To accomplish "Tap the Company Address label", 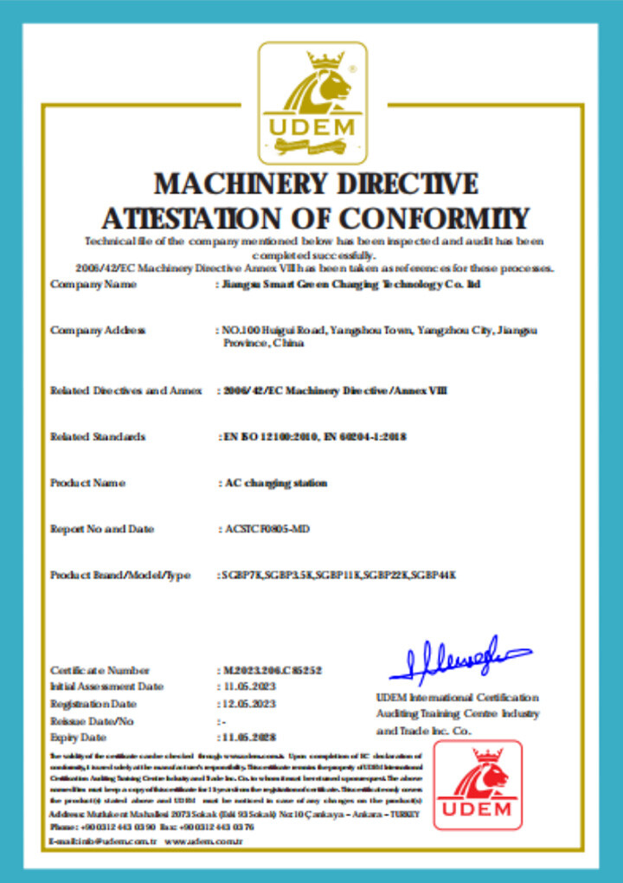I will point(98,330).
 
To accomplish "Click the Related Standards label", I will point(98,436).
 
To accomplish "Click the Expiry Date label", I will point(79,738).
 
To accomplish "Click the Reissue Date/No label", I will point(93,721).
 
